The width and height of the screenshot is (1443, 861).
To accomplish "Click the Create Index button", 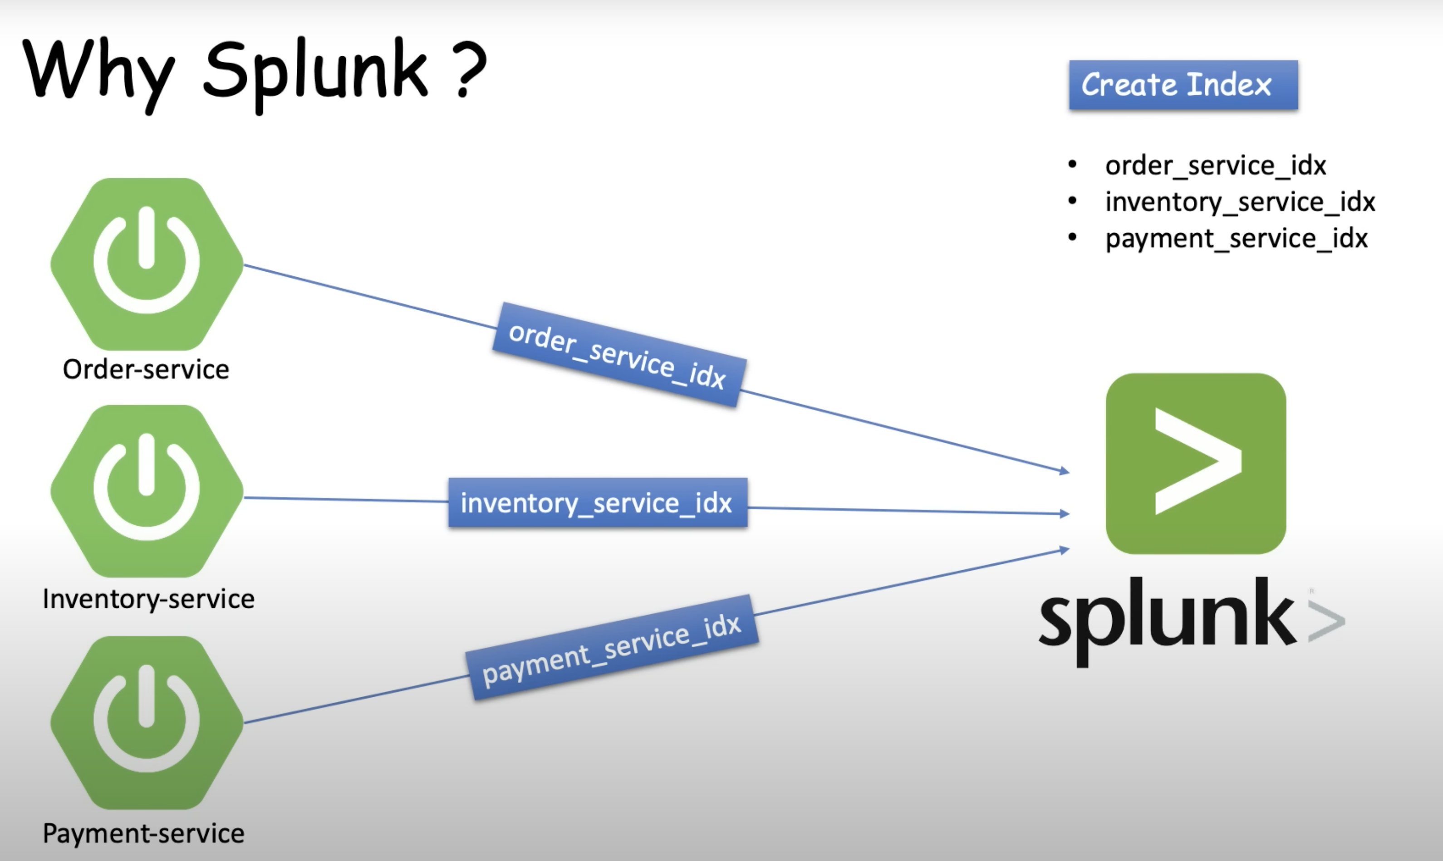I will coord(1183,85).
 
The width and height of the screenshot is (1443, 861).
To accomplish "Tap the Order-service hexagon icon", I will coord(147,264).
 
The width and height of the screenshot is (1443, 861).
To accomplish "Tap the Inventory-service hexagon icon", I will coord(147,491).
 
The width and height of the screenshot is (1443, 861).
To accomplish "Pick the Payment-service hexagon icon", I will coord(147,722).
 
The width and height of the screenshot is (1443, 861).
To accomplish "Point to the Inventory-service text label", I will coord(148,599).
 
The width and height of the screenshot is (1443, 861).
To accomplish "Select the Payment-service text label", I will coord(143,833).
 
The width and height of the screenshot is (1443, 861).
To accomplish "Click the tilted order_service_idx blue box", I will coord(618,354).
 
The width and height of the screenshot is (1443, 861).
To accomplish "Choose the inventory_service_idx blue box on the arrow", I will coord(598,503).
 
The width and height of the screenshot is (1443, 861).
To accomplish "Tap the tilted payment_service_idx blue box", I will coord(612,647).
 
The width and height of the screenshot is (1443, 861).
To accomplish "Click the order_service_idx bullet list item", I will coord(1215,166).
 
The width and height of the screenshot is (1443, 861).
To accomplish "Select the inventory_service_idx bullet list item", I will coord(1240,202).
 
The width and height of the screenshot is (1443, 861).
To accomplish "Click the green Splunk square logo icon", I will coord(1196,463).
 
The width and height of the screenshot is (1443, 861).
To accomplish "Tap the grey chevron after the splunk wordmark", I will coord(1326,621).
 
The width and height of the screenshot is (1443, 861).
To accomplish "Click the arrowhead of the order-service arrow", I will coord(1064,471).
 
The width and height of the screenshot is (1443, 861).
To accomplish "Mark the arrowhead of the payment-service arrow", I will coord(1064,549).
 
